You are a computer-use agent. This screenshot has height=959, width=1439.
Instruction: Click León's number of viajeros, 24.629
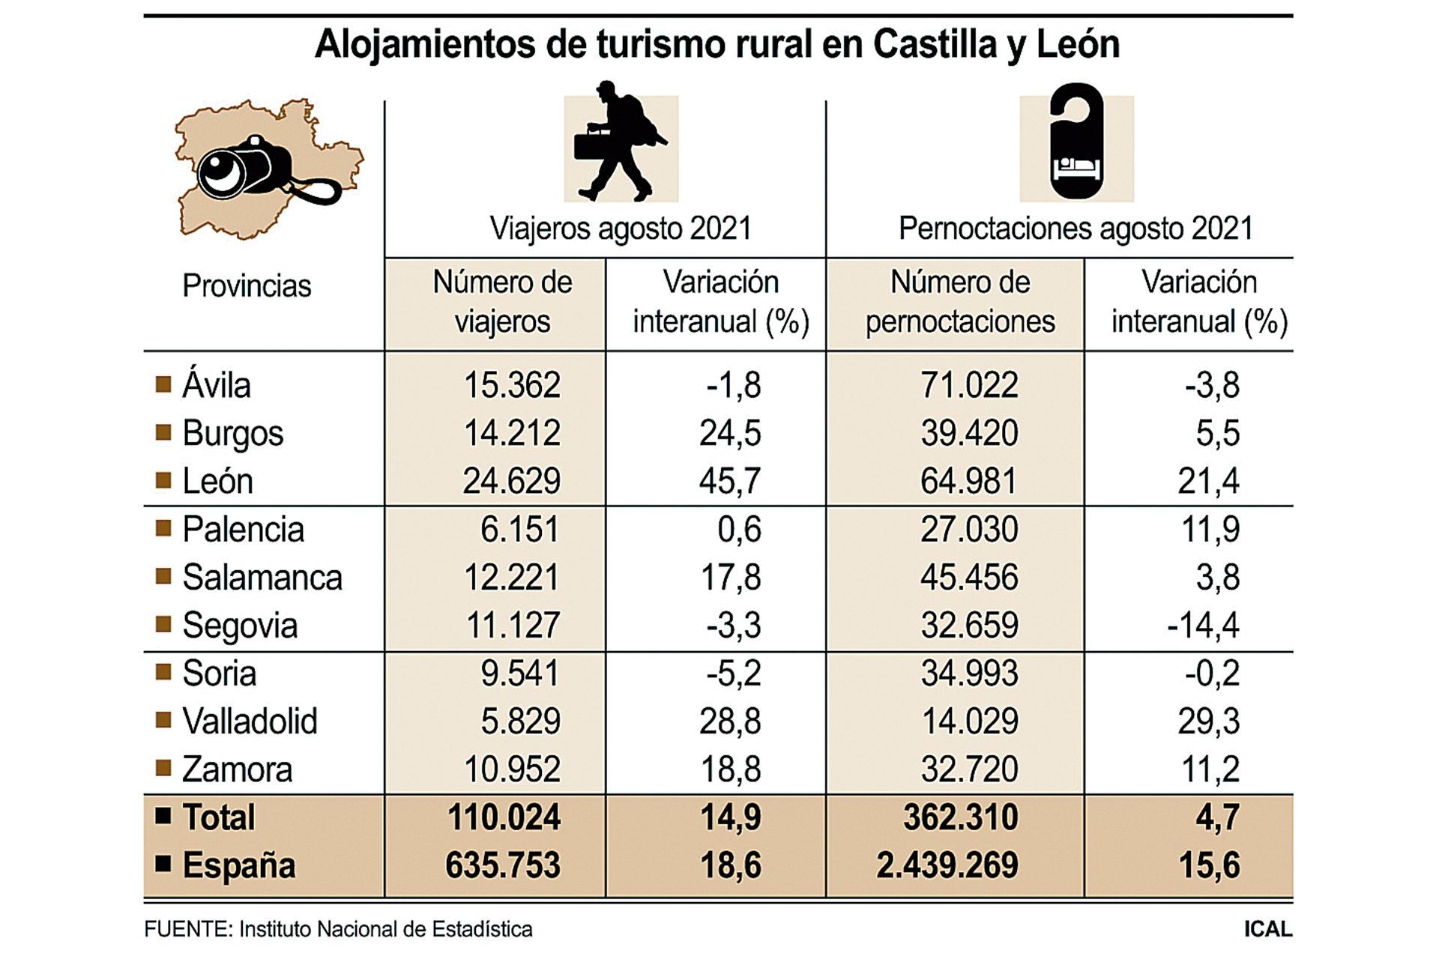[x=511, y=481]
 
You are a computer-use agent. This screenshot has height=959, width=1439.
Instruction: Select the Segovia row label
[x=240, y=626]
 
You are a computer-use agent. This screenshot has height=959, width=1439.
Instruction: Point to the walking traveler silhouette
[x=619, y=142]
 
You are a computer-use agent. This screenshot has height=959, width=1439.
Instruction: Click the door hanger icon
[x=1076, y=142]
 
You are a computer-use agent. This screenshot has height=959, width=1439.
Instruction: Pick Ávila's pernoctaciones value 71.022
[x=969, y=385]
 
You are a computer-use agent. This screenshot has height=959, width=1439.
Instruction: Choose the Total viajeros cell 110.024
[x=504, y=817]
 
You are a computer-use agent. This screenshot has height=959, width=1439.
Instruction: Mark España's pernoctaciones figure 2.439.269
[x=947, y=865]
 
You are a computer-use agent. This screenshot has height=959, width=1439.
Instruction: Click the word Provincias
[x=247, y=286]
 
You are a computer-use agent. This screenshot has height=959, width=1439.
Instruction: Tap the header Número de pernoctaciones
[x=960, y=302]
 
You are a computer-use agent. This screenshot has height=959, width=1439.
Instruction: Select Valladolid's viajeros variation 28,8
[x=730, y=721]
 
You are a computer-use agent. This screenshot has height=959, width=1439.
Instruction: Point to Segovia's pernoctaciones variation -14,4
[x=1203, y=626]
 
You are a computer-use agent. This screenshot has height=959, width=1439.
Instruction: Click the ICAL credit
[x=1268, y=929]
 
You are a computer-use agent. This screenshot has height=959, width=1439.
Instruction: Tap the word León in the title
[x=1078, y=44]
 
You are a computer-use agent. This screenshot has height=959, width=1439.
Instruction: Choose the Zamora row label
[x=237, y=769]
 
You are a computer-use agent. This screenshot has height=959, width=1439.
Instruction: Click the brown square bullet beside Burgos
[x=163, y=432]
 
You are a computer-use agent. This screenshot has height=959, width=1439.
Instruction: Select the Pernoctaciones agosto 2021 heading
[x=1076, y=229]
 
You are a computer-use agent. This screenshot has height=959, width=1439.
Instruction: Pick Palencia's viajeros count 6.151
[x=519, y=530]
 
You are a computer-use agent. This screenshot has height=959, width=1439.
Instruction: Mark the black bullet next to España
[x=163, y=864]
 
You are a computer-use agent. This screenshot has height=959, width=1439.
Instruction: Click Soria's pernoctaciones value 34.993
[x=969, y=674]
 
